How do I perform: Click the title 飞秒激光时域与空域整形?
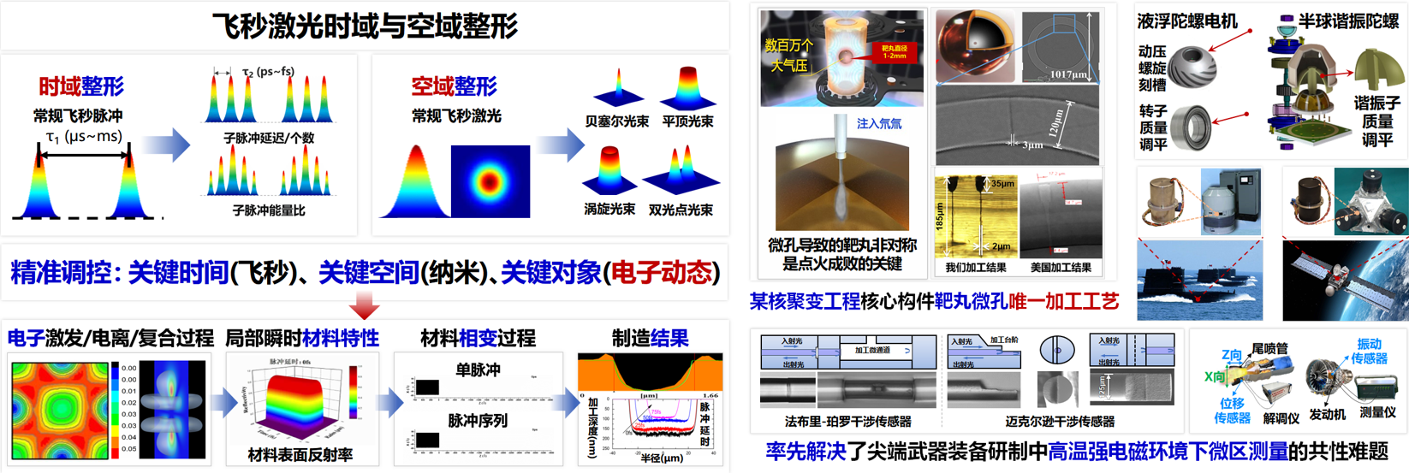(365, 26)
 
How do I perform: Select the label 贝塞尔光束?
(616, 121)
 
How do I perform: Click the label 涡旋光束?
(609, 209)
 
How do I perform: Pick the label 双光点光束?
(681, 210)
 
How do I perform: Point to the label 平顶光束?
(687, 121)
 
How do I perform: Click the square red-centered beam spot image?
(490, 181)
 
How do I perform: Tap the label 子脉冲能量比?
(269, 210)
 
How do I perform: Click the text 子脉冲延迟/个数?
(269, 138)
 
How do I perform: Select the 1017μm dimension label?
(1067, 75)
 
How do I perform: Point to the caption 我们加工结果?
(975, 268)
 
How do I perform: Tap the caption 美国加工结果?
(1061, 268)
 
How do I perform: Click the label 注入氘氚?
(879, 124)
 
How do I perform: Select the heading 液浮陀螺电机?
(1187, 21)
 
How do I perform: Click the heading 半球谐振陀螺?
(1348, 21)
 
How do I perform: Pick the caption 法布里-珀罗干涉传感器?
(847, 422)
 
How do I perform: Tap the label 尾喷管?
(1269, 348)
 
